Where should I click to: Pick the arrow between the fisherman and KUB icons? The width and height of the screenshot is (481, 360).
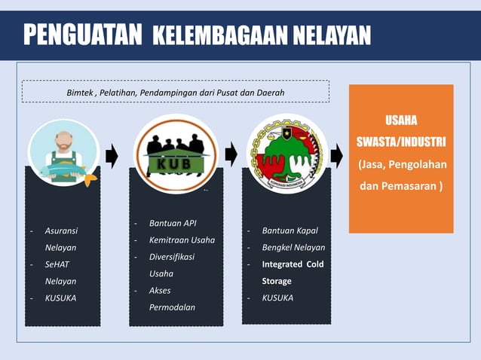[112, 157]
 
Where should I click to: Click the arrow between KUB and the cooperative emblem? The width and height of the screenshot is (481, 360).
[231, 155]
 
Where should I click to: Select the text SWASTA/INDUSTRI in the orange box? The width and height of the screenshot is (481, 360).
[400, 142]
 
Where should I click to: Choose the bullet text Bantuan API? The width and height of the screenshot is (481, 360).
[173, 224]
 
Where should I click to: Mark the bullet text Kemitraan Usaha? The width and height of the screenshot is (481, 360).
[182, 240]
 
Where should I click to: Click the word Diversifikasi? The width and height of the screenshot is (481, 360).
[172, 257]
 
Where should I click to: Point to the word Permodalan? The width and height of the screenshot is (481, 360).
[172, 307]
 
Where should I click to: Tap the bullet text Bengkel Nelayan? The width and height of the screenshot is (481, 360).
[293, 247]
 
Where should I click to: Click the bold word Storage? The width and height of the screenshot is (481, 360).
[277, 281]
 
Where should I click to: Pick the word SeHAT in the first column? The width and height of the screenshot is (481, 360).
[57, 264]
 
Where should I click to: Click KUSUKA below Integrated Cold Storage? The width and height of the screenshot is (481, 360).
[277, 297]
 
